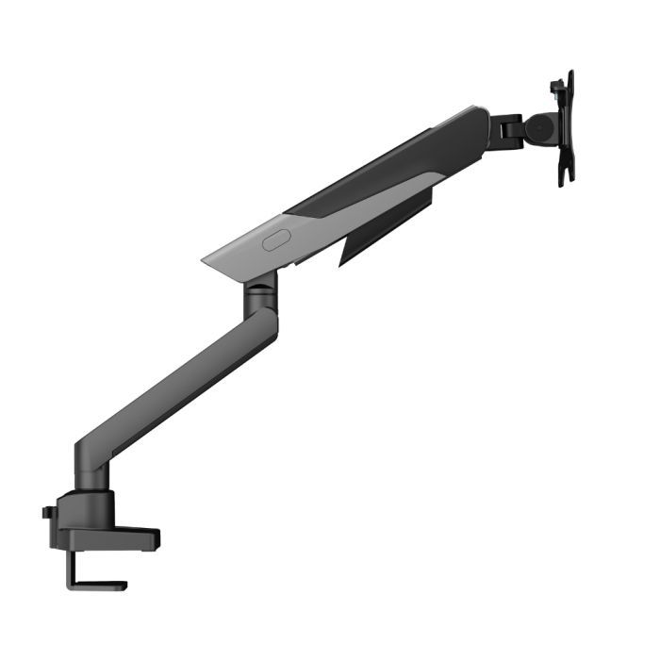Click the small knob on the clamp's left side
tap(46, 513)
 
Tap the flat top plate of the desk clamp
tap(108, 537)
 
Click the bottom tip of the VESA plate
tap(563, 181)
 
